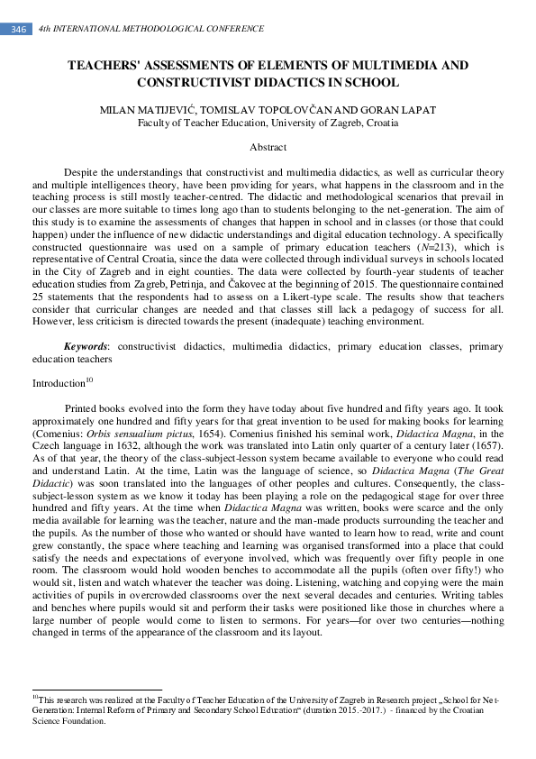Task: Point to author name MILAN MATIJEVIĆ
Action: (x=145, y=110)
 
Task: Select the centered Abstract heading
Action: (x=268, y=147)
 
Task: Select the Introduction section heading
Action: (x=59, y=383)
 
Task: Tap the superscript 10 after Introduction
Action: (x=89, y=379)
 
